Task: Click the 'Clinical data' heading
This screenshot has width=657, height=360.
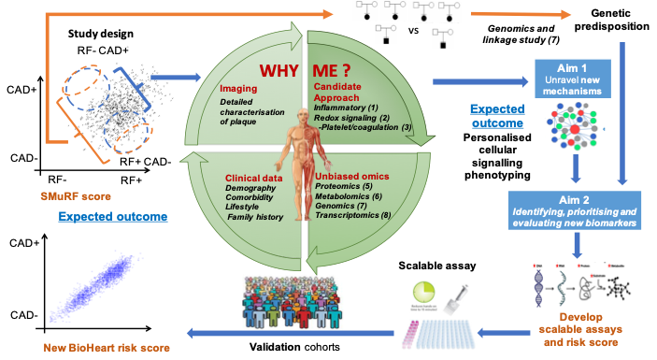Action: click(x=254, y=177)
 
